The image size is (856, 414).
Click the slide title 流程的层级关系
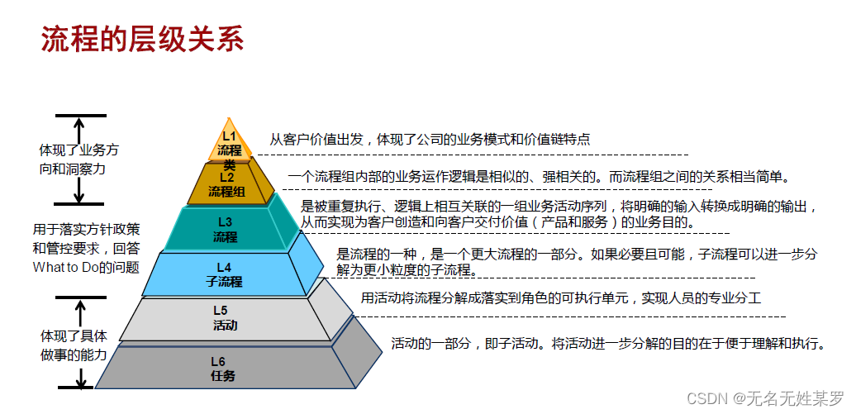pos(143,38)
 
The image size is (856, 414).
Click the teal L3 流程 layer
pos(225,230)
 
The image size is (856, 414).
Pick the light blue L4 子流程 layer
pos(224,274)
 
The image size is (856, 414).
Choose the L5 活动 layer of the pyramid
pos(223,317)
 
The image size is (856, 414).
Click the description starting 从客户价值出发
pos(430,140)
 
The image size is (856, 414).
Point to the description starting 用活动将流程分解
pos(560,297)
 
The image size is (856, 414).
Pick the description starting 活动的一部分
pos(608,343)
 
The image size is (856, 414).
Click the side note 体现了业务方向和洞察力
pos(79,159)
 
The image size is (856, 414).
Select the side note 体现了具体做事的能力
pos(74,345)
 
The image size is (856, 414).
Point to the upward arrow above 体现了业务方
pos(79,130)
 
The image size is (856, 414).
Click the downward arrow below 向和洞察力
pos(79,189)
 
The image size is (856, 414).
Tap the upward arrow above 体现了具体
pos(80,312)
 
